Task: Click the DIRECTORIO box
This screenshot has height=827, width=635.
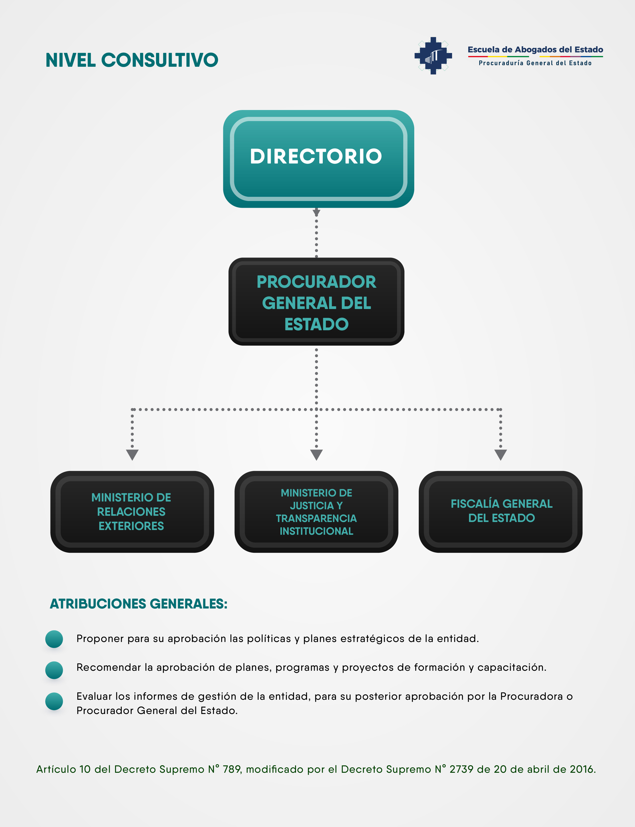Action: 318,159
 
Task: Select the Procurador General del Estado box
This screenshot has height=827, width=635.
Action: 316,301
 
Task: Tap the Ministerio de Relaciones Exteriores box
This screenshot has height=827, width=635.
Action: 132,512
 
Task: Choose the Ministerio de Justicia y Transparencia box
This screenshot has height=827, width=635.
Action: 316,512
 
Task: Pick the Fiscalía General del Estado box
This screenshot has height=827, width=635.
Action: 500,512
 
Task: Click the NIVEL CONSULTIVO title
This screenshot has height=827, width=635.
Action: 132,60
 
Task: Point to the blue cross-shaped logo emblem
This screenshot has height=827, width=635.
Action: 433,55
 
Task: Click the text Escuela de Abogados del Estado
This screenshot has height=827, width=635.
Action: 535,49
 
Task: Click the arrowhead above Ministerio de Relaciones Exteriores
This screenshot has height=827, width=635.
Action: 132,454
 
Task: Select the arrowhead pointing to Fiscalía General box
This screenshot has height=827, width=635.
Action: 500,454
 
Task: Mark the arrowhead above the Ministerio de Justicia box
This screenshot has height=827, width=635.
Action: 316,454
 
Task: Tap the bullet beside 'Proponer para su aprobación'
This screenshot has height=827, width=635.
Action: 54,639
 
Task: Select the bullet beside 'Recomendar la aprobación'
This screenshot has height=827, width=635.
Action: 54,670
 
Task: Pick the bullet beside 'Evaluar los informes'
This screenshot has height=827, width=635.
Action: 54,701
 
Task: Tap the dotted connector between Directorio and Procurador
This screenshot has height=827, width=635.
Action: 316,233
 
